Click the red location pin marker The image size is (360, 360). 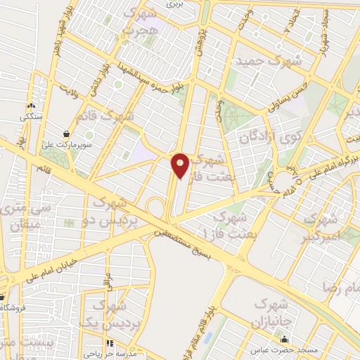click(x=180, y=165)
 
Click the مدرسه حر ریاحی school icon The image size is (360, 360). click(x=110, y=343)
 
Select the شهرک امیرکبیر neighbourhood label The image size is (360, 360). click(x=324, y=229)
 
